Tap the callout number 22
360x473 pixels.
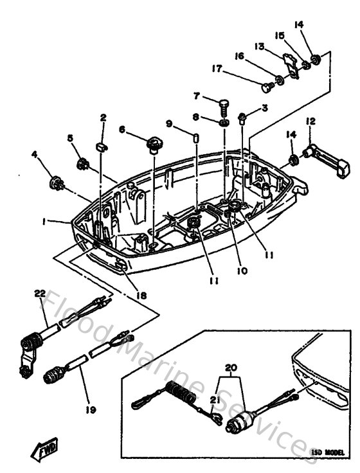pos(40,294)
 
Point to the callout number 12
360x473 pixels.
pos(310,121)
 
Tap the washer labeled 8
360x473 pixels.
pos(223,121)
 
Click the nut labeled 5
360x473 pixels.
pos(82,165)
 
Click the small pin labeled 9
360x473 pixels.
pos(195,138)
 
